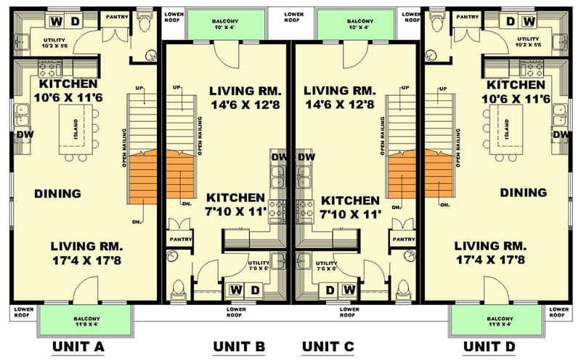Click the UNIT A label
point(78,347)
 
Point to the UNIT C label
point(328,347)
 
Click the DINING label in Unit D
point(523,193)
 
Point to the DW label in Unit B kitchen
point(279,157)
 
